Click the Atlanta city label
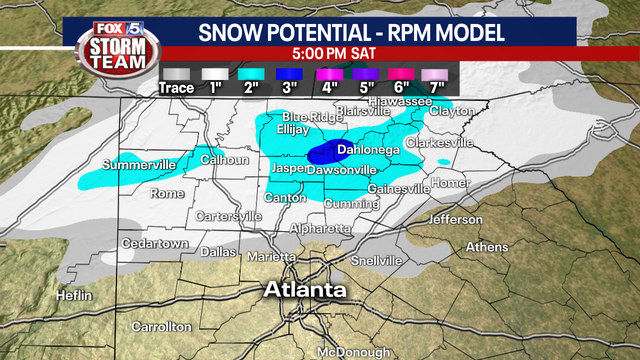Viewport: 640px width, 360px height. pos(305,290)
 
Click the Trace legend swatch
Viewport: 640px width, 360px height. pos(177,72)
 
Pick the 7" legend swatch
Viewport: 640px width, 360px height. pos(432,72)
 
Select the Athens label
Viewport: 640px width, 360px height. pos(487,247)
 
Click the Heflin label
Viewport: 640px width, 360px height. pos(74,296)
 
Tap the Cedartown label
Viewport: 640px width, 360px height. pos(154,244)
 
